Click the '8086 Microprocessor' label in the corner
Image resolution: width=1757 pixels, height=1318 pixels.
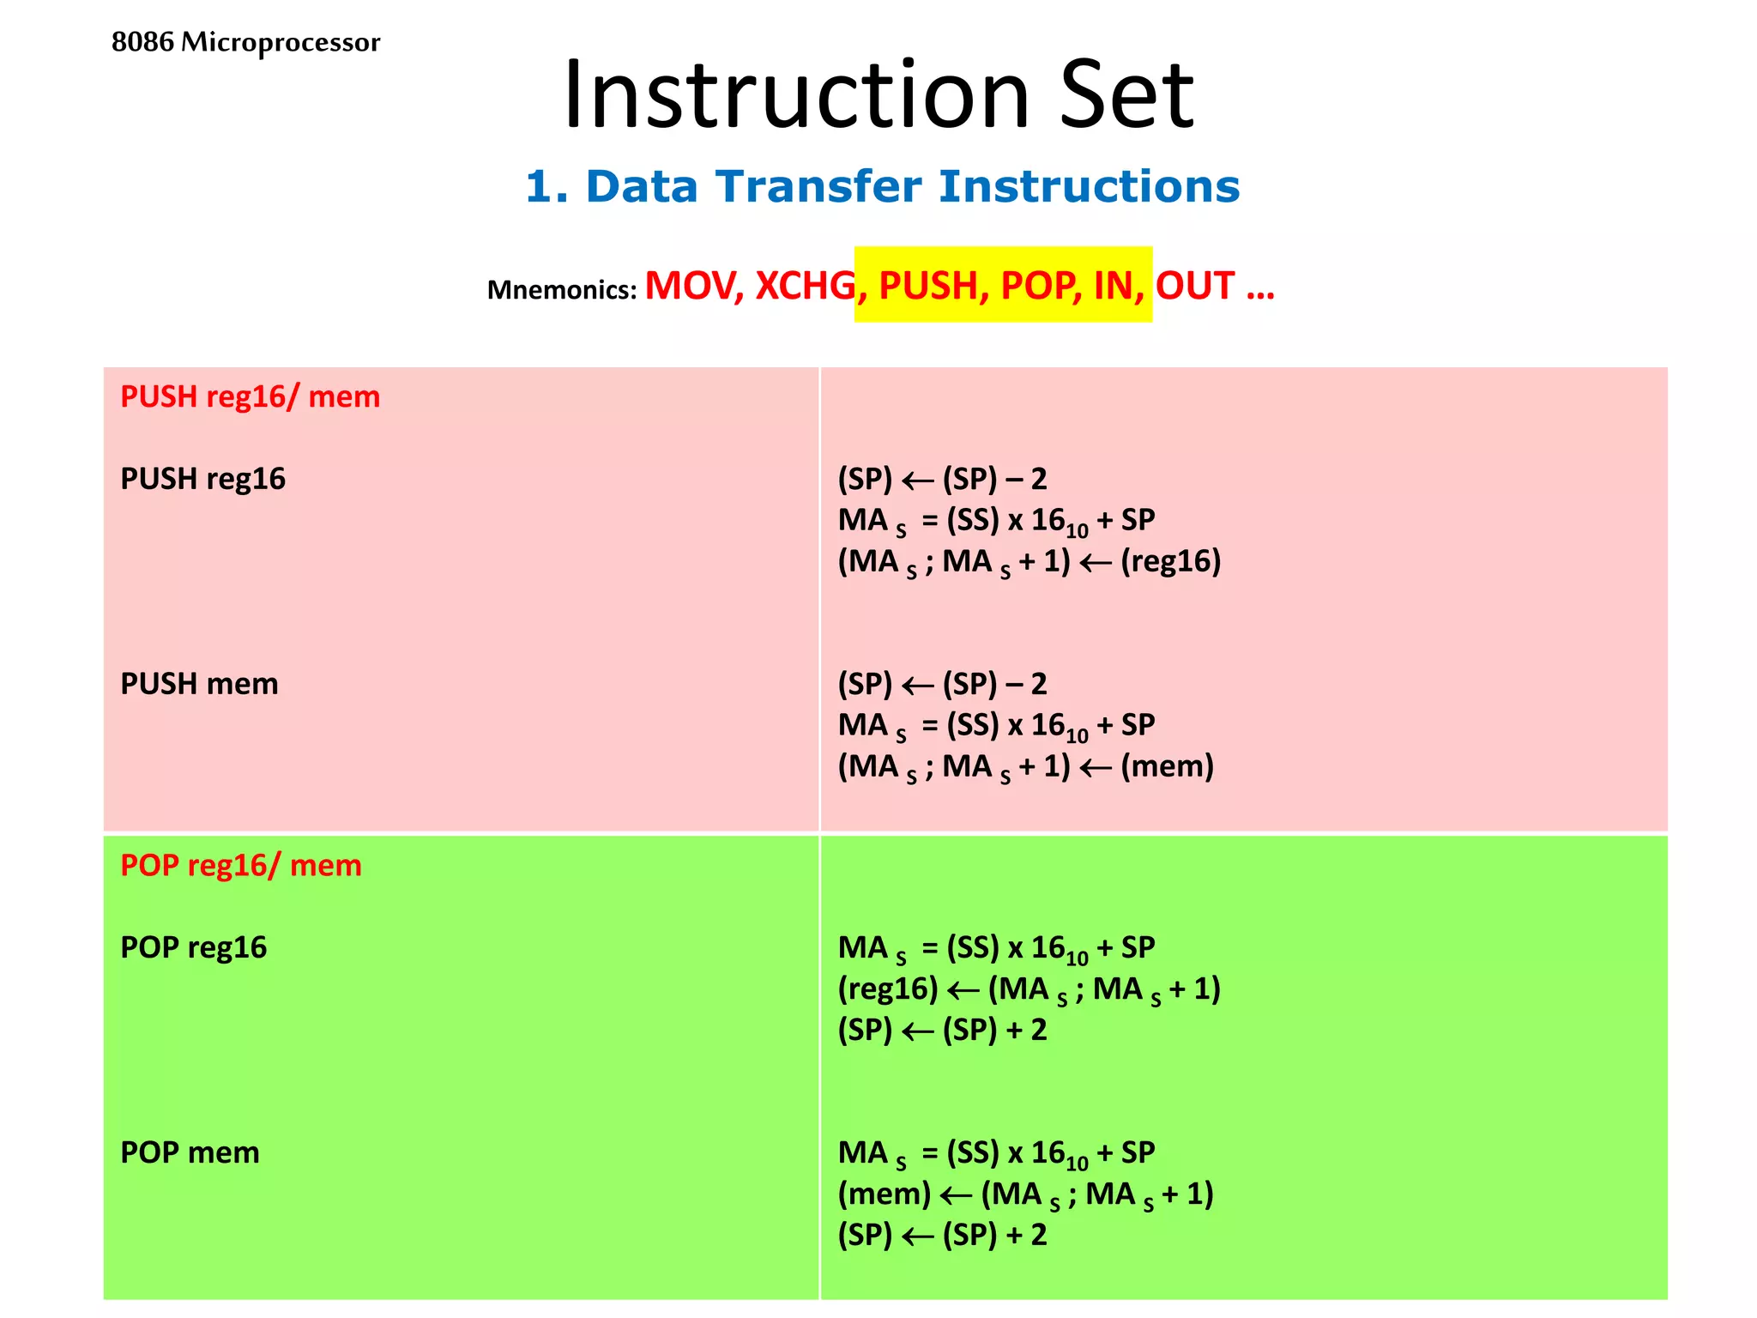(245, 42)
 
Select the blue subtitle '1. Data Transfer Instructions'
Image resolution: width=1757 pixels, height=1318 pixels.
(882, 186)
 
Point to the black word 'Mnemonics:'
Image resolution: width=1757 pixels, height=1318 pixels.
(561, 290)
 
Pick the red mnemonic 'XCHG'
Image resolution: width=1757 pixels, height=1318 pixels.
(805, 286)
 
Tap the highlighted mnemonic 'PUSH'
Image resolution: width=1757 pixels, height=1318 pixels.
(928, 286)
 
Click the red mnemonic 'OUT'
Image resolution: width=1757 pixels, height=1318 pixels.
(1194, 286)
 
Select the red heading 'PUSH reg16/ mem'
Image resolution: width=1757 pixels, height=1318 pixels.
(250, 396)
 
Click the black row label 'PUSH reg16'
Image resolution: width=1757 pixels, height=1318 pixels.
(202, 479)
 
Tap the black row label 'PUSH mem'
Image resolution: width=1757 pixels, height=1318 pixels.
(199, 684)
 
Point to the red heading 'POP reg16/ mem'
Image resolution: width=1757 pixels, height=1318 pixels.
(240, 865)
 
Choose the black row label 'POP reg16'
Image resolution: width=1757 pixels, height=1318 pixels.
(193, 947)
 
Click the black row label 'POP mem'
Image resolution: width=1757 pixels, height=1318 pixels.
(190, 1152)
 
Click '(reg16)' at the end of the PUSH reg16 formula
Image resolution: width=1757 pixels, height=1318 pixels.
(1170, 561)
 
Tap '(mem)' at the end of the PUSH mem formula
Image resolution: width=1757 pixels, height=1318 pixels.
(1167, 766)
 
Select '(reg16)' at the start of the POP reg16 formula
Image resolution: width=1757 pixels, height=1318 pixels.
(888, 988)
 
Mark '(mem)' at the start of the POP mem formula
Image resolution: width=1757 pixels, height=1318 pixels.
(885, 1194)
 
